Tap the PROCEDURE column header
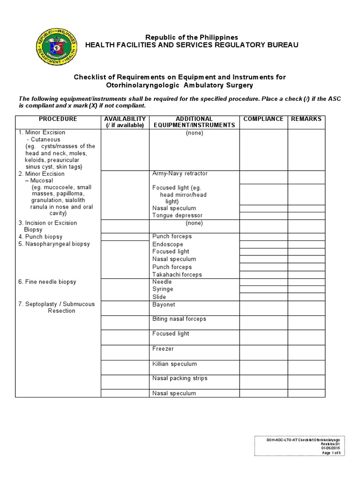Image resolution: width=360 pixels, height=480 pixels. tap(58, 119)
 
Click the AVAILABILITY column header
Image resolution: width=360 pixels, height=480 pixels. tap(125, 122)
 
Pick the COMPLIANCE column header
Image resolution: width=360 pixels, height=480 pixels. tap(263, 119)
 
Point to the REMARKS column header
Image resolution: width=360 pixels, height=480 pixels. tap(306, 119)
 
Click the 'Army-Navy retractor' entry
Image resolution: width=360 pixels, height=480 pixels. tap(180, 173)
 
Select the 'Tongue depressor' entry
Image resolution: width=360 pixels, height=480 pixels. tap(177, 216)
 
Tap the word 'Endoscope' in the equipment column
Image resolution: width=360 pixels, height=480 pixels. tap(167, 244)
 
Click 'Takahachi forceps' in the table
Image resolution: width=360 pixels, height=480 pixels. tap(177, 275)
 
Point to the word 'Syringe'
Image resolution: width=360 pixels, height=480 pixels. tap(163, 289)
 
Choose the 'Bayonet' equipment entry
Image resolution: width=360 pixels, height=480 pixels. tap(164, 304)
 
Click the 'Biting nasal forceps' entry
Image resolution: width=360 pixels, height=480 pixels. tap(179, 319)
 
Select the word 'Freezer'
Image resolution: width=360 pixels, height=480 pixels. tap(163, 349)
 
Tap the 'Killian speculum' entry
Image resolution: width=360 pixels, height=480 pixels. tap(174, 364)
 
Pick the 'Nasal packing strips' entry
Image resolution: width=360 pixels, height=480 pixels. tap(180, 378)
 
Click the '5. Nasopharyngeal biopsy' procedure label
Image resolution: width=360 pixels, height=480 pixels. tap(54, 244)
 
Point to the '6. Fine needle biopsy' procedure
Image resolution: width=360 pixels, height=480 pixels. tap(47, 282)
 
